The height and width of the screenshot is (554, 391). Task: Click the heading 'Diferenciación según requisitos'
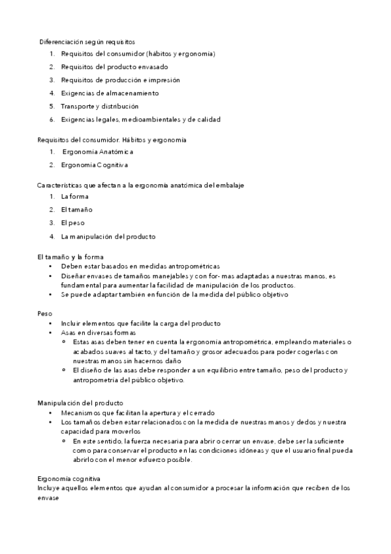[x=87, y=41]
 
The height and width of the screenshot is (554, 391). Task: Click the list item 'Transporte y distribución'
[x=99, y=106]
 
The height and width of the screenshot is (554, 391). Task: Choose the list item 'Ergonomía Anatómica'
[x=98, y=152]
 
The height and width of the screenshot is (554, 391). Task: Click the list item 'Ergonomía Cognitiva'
[x=95, y=165]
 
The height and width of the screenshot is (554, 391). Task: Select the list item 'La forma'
[x=74, y=196]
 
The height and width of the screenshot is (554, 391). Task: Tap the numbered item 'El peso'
[x=73, y=222]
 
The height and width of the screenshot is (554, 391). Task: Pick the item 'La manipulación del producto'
[x=108, y=236]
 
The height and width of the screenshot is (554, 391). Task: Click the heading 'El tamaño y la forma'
[x=70, y=257]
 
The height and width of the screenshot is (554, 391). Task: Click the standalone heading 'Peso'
[x=44, y=314]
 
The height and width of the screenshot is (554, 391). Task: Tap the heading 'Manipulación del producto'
[x=80, y=403]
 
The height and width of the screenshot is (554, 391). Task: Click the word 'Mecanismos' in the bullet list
[x=80, y=413]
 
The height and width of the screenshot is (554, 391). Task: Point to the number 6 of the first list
[x=52, y=119]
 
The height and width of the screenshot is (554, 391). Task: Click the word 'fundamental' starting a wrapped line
[x=81, y=285]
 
